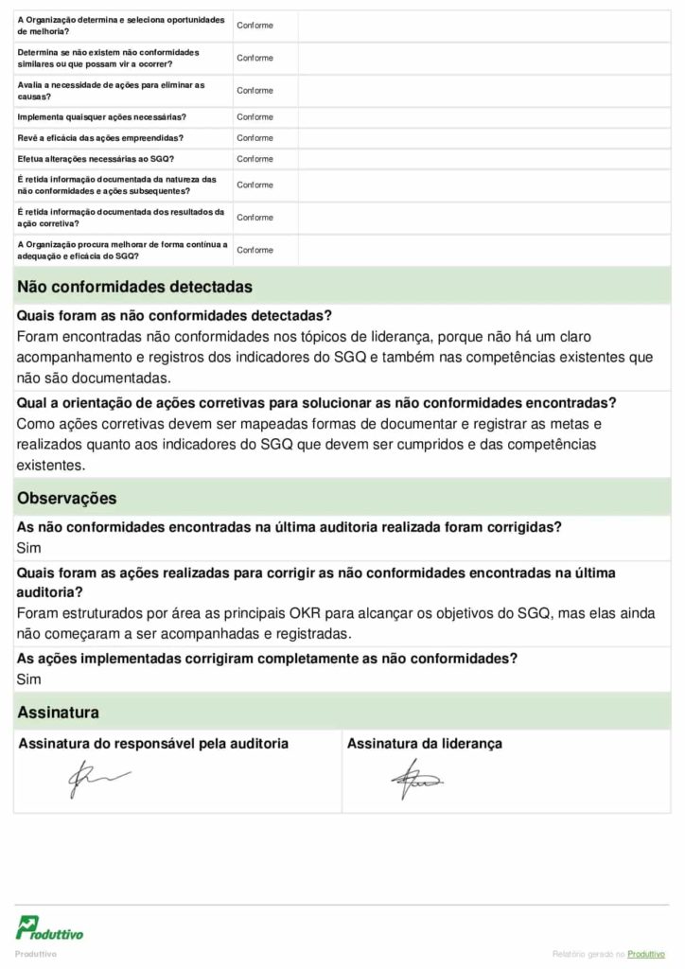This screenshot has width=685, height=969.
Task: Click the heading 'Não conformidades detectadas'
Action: point(134,287)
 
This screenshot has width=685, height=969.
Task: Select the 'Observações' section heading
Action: point(67,498)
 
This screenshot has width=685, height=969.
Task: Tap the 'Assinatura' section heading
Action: point(58,712)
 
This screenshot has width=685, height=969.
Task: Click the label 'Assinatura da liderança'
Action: point(424,744)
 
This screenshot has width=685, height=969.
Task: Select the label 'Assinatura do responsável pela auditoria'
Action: point(153,744)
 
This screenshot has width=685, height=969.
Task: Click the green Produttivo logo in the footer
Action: point(49,928)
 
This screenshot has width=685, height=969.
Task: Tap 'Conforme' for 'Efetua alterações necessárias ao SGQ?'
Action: point(255,159)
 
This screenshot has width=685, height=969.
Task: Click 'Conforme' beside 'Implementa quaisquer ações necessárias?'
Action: point(255,117)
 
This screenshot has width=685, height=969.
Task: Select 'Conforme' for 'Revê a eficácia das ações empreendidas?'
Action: point(255,138)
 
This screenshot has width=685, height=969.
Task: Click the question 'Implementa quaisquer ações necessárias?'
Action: point(101,117)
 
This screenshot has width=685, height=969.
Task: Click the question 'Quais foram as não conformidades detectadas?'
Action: point(174,316)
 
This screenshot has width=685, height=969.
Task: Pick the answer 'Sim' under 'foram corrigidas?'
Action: point(28,548)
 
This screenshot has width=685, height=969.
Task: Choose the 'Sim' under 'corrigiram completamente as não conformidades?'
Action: point(28,679)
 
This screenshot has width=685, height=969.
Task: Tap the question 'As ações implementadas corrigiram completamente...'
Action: point(266,659)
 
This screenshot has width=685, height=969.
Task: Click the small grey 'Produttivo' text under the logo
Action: point(36,954)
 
